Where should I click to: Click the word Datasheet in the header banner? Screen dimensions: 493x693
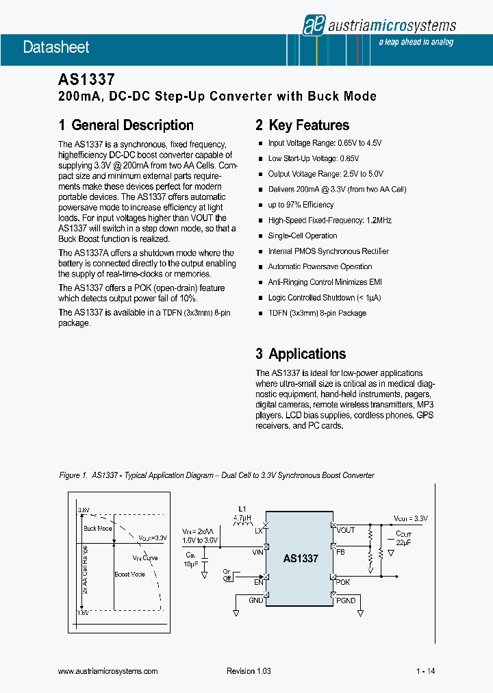coord(47,47)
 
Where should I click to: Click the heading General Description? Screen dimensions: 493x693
coord(126,125)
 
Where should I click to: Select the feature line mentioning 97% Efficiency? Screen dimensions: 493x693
coord(301,205)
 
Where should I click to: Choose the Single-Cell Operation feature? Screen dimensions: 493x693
coord(303,236)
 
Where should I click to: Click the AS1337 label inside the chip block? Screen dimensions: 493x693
coord(301,559)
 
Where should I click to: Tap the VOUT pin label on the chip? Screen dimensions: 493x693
coord(345,530)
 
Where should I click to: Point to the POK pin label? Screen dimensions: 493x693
coord(342,581)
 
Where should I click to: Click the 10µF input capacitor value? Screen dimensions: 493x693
coord(190,564)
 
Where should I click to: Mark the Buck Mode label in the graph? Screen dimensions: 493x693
coord(97,528)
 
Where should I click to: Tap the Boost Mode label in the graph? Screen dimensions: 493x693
coord(129,575)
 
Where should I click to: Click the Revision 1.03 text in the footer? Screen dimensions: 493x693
coord(249,671)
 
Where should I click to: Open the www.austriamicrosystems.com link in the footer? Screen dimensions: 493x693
coord(108,671)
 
